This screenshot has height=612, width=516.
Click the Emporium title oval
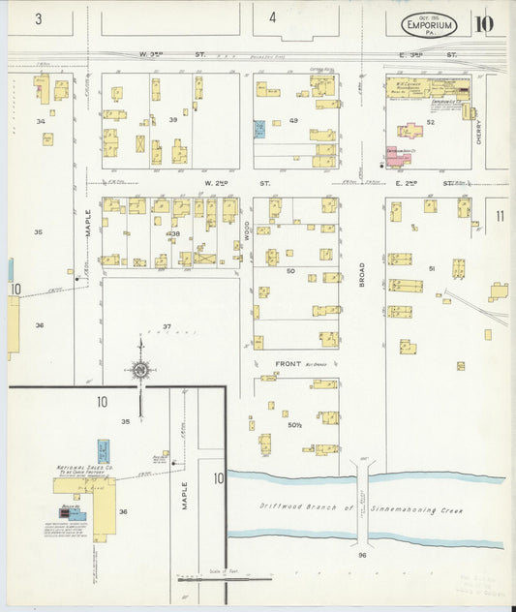point(429,24)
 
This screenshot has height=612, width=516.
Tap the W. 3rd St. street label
point(173,55)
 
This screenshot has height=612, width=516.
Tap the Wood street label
point(247,232)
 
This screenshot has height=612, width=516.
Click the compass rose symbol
point(140,368)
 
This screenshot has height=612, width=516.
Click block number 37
point(167,326)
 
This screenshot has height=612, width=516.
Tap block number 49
point(293,121)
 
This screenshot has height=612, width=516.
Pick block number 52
point(429,123)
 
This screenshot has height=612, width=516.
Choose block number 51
point(433,268)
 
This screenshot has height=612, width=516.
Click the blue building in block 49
point(258,128)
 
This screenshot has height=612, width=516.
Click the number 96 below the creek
point(362,555)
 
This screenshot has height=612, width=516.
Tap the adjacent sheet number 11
point(501,216)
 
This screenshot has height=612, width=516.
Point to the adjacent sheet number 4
point(273,17)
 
